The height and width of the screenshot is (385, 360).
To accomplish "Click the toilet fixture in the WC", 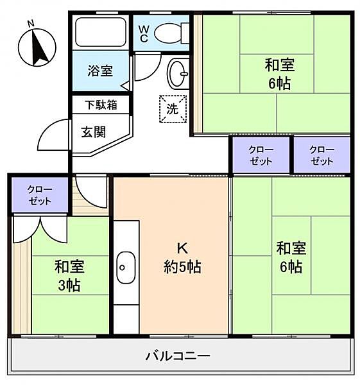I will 171,32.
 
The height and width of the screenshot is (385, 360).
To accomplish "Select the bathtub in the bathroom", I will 101,31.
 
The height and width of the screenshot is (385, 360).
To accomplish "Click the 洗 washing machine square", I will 173,108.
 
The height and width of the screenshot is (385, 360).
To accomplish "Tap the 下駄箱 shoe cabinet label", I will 101,105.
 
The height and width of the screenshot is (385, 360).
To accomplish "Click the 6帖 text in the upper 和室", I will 280,83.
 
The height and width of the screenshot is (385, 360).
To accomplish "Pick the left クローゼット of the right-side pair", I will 261,155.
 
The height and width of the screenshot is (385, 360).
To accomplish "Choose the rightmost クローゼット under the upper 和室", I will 321,155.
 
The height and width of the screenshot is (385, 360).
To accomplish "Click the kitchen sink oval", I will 125,264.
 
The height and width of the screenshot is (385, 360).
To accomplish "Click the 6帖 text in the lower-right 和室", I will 290,268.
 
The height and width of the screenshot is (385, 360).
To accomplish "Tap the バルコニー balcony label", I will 178,355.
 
